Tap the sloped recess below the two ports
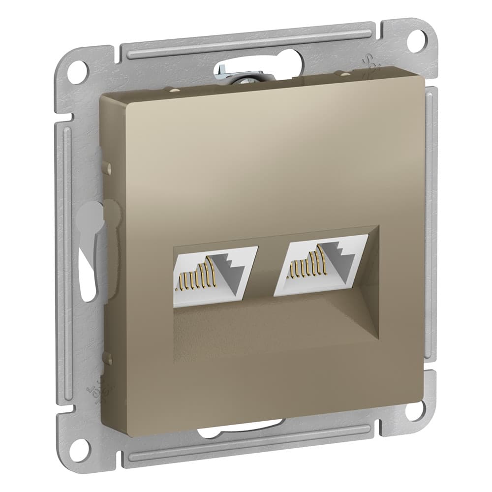pyautogui.click(x=276, y=330)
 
